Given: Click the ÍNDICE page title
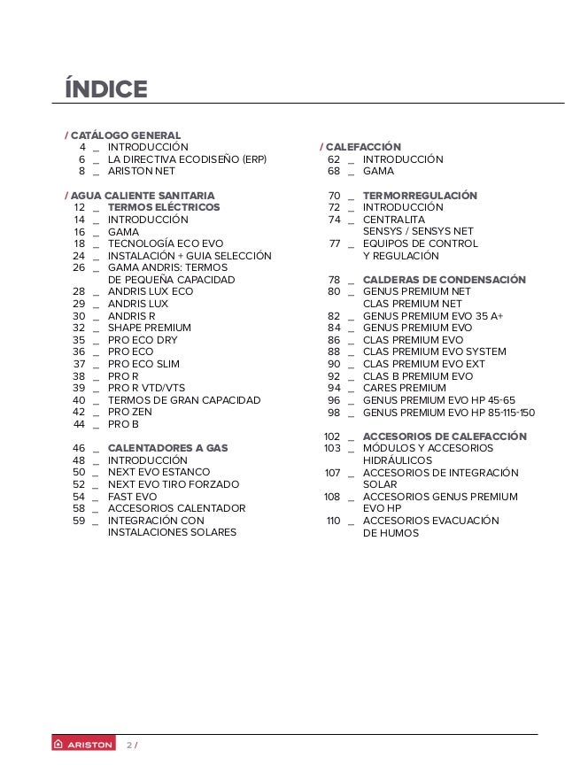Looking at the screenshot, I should point(104,90).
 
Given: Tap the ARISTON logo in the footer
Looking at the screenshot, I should point(84,745).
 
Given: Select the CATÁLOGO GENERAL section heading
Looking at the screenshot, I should point(125,135).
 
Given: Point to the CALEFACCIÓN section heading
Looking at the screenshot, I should point(363,146).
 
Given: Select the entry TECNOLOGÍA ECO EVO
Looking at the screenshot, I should point(166,243).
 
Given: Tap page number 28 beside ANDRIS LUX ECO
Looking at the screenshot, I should point(79,291).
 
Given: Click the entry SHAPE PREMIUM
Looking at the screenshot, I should point(149,328).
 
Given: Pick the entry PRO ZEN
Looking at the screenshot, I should point(130,412).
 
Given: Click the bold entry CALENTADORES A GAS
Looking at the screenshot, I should point(167,448).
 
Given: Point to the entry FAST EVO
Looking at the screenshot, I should point(132,497).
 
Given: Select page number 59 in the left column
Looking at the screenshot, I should point(79,521).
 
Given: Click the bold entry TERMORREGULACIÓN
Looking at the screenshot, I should point(420,195).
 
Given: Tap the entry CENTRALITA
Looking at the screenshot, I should point(394,220).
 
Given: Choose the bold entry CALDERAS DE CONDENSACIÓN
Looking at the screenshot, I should point(444,280).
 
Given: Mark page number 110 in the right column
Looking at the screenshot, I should point(333,521).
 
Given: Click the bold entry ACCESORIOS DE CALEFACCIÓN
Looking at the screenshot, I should point(445,437).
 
